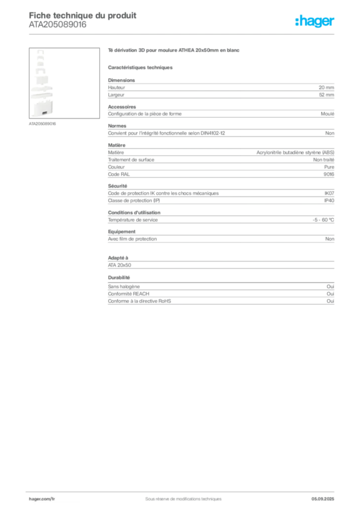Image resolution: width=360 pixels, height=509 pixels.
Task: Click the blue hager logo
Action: [x=315, y=22]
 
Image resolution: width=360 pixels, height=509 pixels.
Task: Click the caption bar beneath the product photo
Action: [x=43, y=124]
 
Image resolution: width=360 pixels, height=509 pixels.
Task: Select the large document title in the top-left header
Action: [x=83, y=15]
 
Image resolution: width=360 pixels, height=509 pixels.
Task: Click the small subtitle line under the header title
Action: [x=57, y=28]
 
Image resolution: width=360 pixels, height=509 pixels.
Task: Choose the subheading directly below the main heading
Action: [x=141, y=67]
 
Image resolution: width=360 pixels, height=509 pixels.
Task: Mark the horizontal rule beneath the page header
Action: [x=183, y=34]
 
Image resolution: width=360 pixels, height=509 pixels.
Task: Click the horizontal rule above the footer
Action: [x=183, y=491]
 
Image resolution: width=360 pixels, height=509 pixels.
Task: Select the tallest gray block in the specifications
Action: [x=221, y=160]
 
